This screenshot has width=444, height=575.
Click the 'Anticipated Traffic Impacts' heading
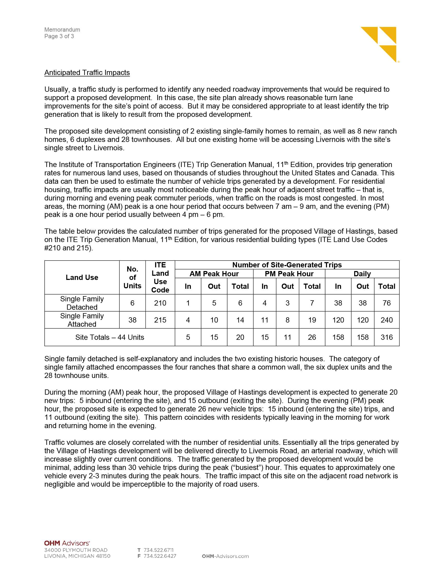tap(87, 72)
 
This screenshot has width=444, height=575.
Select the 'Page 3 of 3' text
tap(59, 36)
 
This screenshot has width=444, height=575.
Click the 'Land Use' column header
tap(82, 277)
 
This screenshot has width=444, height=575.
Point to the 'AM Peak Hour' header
tap(214, 274)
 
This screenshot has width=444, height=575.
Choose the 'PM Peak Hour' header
tap(289, 274)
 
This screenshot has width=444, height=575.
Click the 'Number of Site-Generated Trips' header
tap(287, 264)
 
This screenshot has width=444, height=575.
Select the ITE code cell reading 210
tap(160, 303)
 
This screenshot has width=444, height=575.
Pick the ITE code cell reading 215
tap(160, 320)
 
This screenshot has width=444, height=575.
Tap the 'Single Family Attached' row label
tap(82, 320)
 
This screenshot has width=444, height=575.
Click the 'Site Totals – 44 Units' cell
tap(110, 337)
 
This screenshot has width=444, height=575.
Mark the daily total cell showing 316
tap(386, 337)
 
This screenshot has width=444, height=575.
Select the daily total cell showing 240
tap(386, 320)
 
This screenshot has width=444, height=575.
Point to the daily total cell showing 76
tap(386, 303)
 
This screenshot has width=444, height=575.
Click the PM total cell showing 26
tap(312, 337)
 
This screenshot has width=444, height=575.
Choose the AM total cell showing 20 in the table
tap(240, 337)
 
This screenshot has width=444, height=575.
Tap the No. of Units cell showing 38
tap(132, 320)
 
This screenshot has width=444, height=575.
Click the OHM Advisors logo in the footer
tap(67, 543)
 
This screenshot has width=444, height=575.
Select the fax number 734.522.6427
tap(160, 556)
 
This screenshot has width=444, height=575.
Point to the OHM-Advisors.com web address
tap(225, 556)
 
